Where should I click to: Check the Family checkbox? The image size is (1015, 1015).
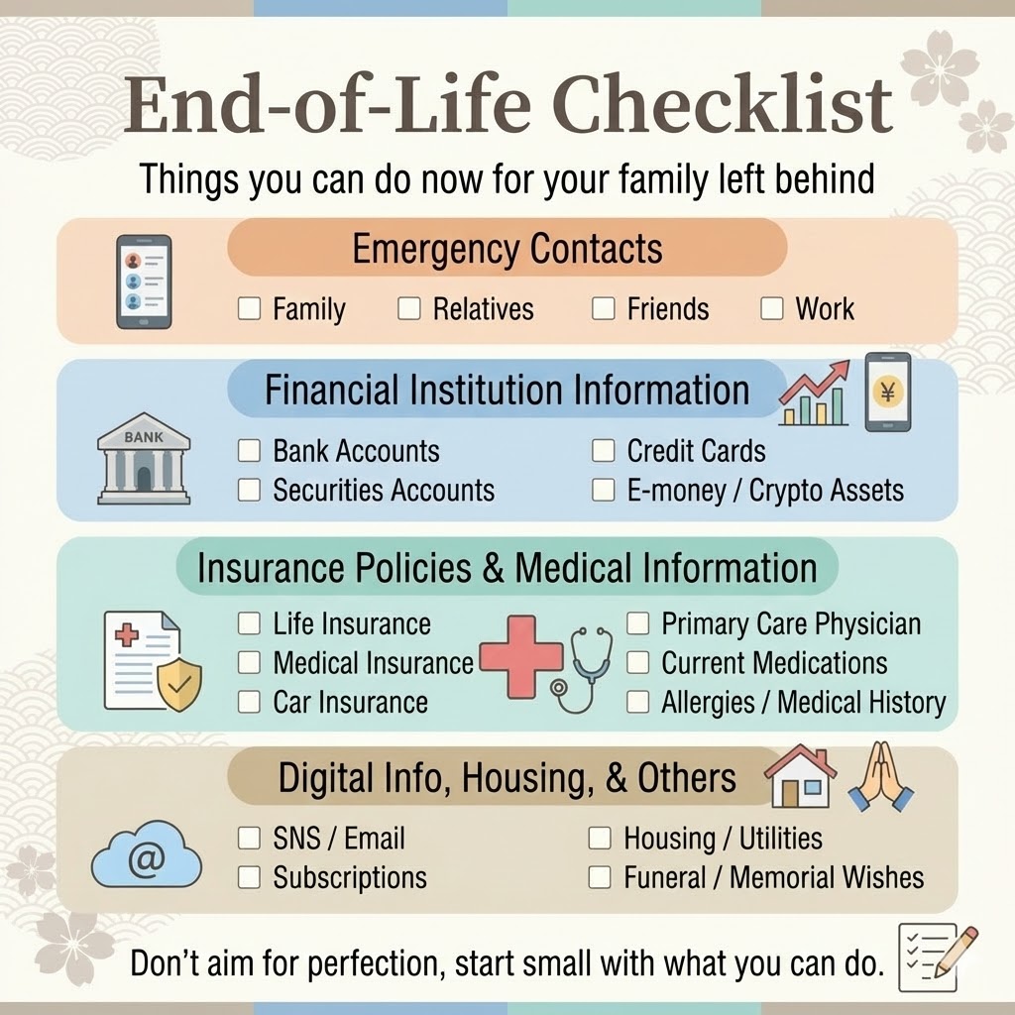point(249,308)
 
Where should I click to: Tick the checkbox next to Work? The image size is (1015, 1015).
point(771,308)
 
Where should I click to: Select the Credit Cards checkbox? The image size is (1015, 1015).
point(604,451)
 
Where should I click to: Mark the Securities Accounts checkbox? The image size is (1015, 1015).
point(249,490)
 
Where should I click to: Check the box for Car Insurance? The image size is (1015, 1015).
point(249,702)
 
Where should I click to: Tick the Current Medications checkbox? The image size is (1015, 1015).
point(637,663)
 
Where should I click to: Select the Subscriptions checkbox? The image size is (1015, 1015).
point(249,878)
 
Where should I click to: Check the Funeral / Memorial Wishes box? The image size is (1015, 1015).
point(600,878)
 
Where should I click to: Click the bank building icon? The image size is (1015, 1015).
point(144,458)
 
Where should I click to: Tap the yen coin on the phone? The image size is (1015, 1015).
point(887,393)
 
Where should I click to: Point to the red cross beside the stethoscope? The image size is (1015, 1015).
point(521,656)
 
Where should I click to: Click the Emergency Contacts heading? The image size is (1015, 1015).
point(507,249)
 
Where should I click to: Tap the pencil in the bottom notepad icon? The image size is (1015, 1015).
point(957,952)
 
